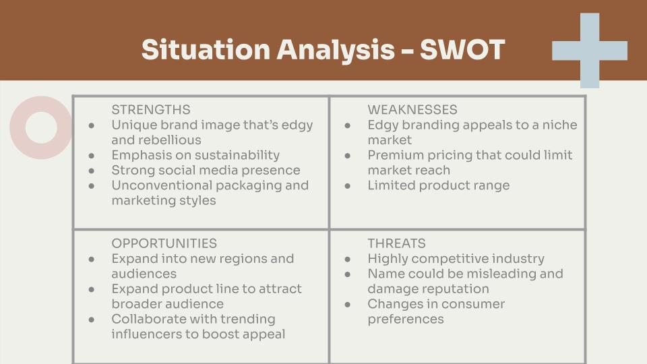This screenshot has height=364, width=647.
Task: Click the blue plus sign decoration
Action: point(590,51)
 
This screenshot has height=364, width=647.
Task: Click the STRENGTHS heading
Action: point(150,109)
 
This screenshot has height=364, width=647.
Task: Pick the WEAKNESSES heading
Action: point(412,109)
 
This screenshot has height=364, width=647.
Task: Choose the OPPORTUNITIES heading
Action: point(164,243)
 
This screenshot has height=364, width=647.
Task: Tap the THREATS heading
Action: point(396,243)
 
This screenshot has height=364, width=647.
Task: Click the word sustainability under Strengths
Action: point(237,155)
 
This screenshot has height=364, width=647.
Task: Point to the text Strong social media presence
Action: point(206,170)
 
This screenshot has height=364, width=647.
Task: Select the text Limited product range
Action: point(438,185)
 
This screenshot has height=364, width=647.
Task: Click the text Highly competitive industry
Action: point(456,259)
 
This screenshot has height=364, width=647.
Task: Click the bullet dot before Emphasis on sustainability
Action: point(92,156)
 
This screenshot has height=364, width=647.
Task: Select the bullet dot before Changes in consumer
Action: point(348,305)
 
